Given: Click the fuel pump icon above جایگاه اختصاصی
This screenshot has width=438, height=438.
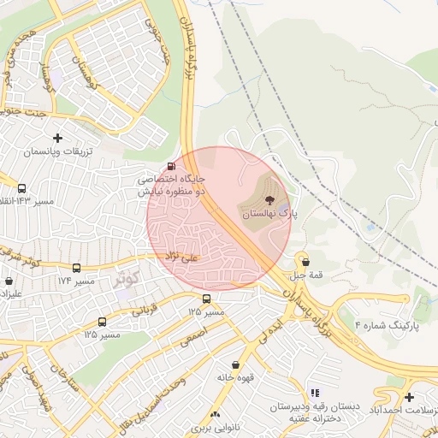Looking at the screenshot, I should [172, 167].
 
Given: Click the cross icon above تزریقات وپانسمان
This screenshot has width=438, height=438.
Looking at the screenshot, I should [57, 138].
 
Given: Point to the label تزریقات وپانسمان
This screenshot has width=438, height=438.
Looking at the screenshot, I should [58, 151].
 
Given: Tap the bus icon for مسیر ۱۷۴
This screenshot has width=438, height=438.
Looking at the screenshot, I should [77, 268].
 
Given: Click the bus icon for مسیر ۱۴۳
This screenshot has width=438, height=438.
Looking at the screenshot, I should [21, 189].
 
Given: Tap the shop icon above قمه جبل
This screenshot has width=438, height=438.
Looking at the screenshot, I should [305, 262].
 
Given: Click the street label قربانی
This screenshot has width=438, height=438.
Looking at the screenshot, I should [143, 310].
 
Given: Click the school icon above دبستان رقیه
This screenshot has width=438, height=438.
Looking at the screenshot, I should [314, 392].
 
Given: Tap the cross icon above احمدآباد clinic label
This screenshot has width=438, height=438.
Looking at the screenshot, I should [410, 398].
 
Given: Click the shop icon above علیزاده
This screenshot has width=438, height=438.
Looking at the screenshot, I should [9, 280].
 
